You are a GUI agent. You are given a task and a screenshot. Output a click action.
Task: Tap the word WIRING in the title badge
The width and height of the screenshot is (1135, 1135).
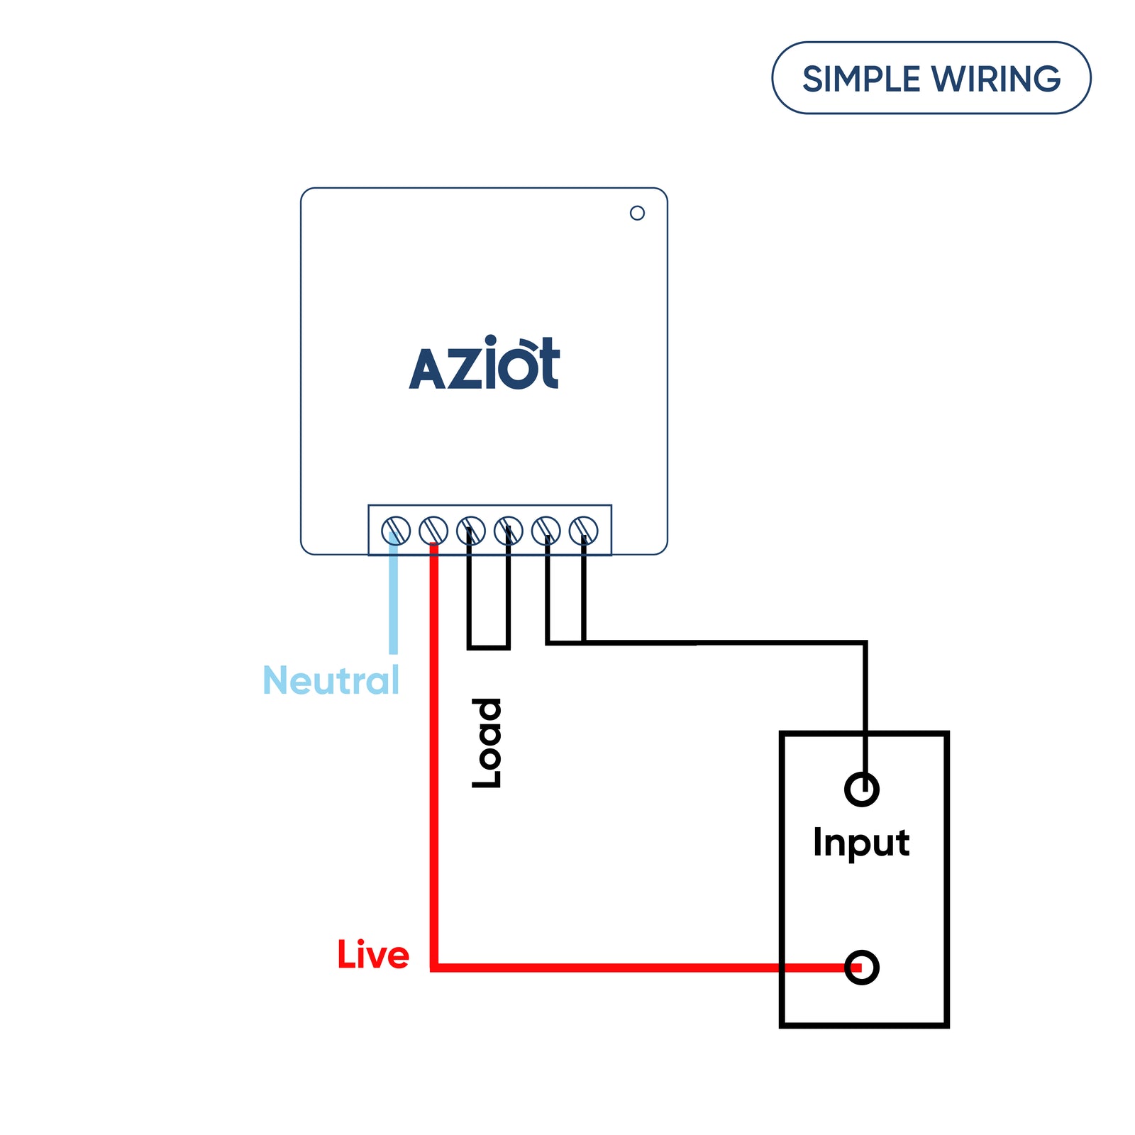996,79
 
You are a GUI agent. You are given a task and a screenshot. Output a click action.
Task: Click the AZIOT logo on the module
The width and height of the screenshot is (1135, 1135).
485,365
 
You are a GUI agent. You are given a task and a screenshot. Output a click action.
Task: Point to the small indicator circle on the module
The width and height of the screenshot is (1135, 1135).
637,213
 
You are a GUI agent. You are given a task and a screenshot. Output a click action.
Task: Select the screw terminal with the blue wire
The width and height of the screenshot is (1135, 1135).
396,531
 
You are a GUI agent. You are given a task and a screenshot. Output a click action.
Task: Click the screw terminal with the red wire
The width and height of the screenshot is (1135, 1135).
433,531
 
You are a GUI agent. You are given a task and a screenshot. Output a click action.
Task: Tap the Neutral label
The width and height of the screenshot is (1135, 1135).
331,680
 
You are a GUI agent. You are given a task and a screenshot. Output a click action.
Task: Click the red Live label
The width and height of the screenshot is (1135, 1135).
373,955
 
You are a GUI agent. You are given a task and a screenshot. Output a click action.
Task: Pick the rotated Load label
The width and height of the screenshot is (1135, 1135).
487,743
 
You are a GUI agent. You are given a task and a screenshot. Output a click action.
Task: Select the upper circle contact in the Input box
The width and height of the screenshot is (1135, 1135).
862,789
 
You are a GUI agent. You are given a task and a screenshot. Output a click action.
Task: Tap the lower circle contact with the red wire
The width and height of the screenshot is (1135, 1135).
862,968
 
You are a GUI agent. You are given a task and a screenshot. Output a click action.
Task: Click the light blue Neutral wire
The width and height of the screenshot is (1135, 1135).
394,603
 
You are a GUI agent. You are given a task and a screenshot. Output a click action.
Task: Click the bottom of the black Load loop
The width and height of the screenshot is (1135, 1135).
489,647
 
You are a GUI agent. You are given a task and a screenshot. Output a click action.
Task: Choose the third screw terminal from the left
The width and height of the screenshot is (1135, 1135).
471,531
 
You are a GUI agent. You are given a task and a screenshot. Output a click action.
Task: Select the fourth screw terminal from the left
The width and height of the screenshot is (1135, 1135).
509,531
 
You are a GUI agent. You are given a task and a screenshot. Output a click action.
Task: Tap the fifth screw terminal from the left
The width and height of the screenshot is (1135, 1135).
546,531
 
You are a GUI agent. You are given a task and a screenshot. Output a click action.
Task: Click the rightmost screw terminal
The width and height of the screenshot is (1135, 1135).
584,531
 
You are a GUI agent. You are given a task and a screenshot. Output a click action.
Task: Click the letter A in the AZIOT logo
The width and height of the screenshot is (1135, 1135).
427,370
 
